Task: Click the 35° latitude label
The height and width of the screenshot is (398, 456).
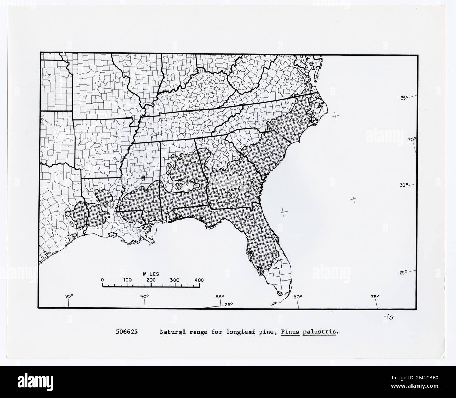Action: [405, 98]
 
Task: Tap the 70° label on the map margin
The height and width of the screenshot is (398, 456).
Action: [412, 139]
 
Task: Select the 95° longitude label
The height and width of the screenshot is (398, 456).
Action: [69, 296]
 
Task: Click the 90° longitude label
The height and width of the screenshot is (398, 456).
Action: [145, 296]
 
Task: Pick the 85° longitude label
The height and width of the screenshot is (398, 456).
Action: [220, 297]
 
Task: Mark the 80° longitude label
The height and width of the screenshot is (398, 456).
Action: [297, 297]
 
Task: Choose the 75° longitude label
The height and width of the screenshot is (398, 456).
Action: [375, 297]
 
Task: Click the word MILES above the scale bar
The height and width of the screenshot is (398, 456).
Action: [151, 274]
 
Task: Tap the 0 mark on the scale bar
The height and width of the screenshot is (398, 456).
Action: [102, 280]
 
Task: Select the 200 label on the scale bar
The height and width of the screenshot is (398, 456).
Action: [151, 280]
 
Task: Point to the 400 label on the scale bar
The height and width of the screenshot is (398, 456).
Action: [199, 280]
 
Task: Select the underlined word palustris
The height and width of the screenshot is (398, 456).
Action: [320, 332]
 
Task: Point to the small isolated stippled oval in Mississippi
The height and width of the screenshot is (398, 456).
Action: [143, 178]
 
